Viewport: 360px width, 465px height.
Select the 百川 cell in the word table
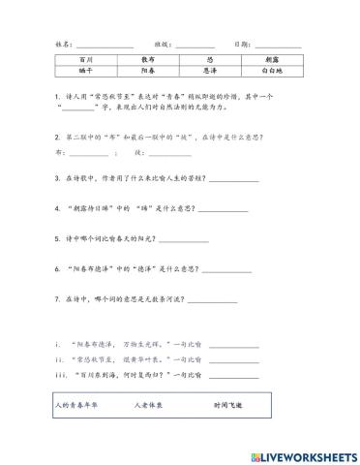(78, 60)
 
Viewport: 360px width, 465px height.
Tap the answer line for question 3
(234, 181)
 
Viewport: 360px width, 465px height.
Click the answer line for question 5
(184, 240)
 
